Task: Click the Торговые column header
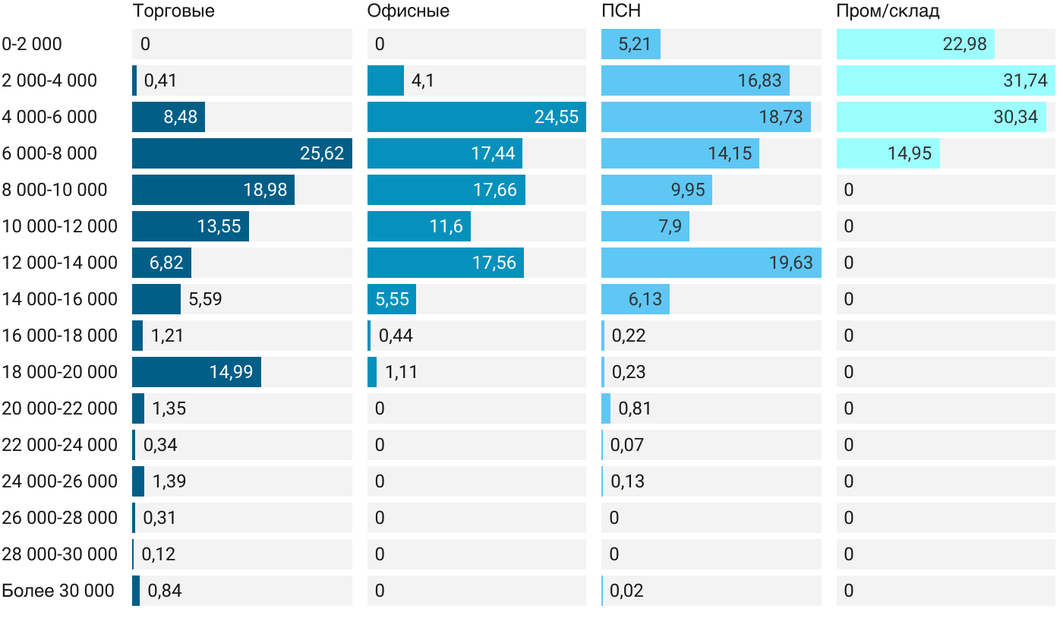point(173,11)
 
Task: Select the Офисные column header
point(408,11)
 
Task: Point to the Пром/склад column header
point(888,11)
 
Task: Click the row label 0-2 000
point(32,44)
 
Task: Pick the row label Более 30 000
point(58,591)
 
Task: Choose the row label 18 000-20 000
point(59,372)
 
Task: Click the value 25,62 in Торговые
point(322,153)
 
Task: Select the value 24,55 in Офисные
point(556,117)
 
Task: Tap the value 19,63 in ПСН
point(790,263)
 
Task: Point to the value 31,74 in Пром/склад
point(1025,80)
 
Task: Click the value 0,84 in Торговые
point(164,591)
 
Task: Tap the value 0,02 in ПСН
point(626,591)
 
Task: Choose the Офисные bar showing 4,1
point(386,80)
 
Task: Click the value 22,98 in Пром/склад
point(964,44)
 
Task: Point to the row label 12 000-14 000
point(59,263)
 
